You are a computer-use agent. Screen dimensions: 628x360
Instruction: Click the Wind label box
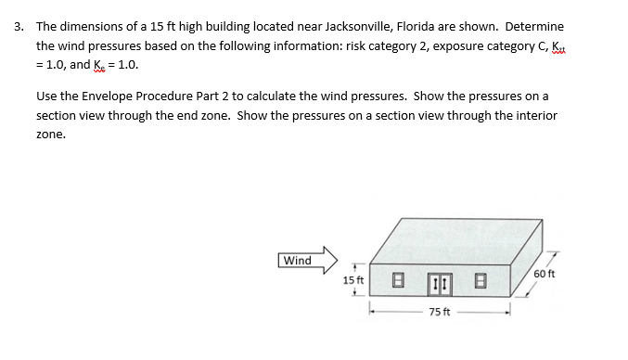click(x=297, y=261)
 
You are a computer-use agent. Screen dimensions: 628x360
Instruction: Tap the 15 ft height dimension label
click(x=352, y=278)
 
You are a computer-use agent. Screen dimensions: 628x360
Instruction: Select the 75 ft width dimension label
click(x=441, y=313)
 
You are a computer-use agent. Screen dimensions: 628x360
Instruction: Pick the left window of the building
click(x=396, y=277)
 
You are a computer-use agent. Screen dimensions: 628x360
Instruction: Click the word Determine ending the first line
click(x=534, y=27)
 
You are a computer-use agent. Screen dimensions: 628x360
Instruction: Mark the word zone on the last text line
click(x=50, y=134)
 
